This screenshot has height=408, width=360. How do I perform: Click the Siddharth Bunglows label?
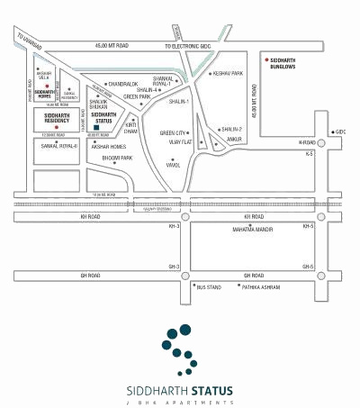coord(287,64)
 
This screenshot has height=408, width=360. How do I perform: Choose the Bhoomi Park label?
coord(118,159)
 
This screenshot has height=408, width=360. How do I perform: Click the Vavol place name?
coord(174,165)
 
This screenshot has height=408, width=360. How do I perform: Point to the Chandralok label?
coord(122,84)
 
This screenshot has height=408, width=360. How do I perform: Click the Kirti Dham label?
coord(131,128)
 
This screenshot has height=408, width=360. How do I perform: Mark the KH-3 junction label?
coord(175,227)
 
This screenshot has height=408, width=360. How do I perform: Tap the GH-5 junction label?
coord(307,267)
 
